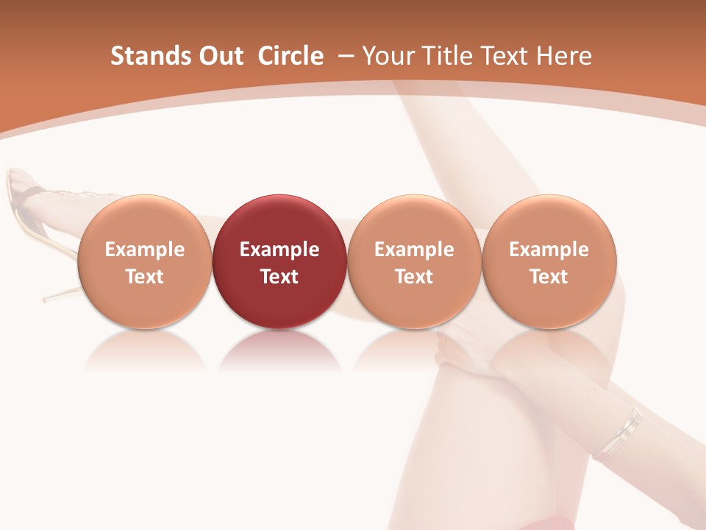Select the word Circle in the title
tap(290, 56)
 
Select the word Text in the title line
tap(510, 56)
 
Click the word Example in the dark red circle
tap(279, 250)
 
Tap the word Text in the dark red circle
tap(279, 277)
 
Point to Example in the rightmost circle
tap(549, 250)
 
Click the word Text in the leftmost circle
tap(144, 277)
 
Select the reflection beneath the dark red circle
tap(279, 352)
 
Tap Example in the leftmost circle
tap(144, 250)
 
